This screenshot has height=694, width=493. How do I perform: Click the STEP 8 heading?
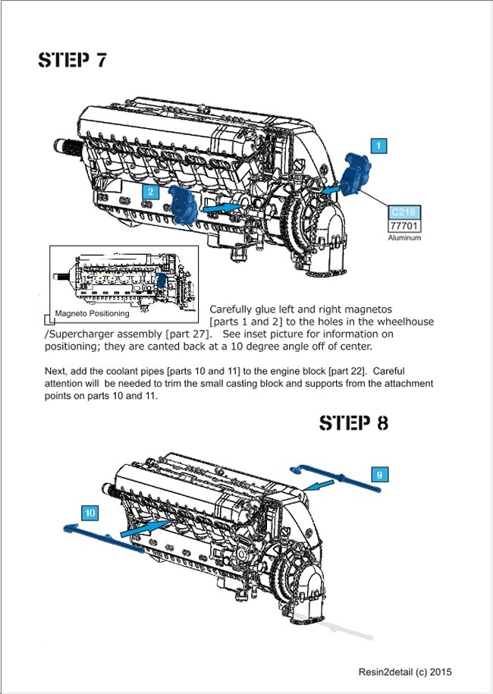353,422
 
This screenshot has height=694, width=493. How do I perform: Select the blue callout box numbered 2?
151,192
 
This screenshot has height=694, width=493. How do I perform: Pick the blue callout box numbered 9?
380,474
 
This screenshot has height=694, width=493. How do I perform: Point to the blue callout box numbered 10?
89,513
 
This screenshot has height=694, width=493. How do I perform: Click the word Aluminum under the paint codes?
404,237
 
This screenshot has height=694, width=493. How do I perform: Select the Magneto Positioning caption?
92,313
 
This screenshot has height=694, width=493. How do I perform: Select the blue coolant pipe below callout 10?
102,539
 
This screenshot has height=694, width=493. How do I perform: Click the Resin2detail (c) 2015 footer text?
406,671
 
